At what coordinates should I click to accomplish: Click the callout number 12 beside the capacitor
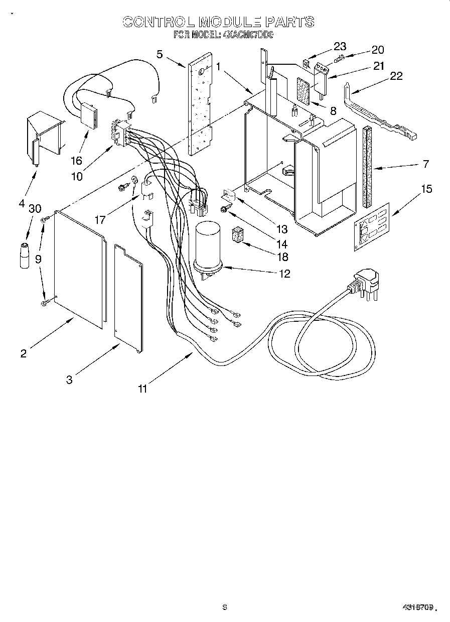(x=284, y=274)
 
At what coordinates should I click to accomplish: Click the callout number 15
(x=426, y=189)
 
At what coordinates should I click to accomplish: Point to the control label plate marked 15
(x=371, y=224)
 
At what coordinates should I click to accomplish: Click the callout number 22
(x=396, y=75)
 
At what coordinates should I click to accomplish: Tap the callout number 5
(x=160, y=54)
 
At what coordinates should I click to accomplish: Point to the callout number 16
(x=76, y=161)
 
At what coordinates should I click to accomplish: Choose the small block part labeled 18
(x=238, y=235)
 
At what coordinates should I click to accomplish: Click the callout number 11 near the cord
(x=143, y=388)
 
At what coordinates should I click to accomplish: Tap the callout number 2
(x=23, y=353)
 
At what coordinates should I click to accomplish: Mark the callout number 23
(x=340, y=47)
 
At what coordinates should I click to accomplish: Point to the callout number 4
(x=22, y=203)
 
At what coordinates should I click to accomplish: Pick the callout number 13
(x=282, y=229)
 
